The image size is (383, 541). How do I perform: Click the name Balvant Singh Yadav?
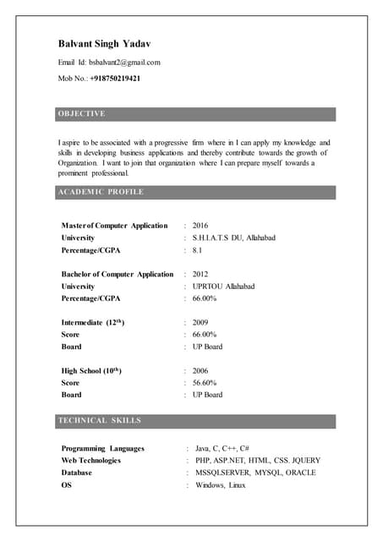[105, 44]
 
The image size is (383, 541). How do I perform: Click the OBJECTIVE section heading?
[82, 113]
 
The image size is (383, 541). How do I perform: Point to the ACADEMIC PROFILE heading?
[101, 192]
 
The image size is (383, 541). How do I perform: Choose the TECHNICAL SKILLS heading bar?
[100, 420]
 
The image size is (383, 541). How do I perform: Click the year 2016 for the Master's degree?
[200, 226]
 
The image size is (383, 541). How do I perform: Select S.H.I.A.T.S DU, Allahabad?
[234, 238]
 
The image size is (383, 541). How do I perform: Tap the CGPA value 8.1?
[197, 250]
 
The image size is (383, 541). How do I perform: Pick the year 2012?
[200, 274]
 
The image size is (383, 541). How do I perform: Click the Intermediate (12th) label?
[93, 323]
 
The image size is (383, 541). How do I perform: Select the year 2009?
[200, 323]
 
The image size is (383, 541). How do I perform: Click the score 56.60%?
[205, 383]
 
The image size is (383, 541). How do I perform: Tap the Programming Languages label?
[103, 449]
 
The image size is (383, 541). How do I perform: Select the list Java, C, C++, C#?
[222, 449]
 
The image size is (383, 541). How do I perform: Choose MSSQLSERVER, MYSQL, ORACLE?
[255, 473]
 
